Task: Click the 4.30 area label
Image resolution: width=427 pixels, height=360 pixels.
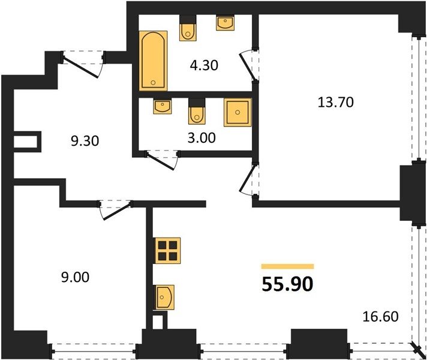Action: [204, 65]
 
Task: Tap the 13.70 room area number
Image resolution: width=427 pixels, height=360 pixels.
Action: [336, 102]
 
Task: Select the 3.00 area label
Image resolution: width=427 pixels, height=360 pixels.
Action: [202, 138]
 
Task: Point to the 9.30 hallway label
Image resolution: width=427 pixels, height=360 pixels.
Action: [85, 141]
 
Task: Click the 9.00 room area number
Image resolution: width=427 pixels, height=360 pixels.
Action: [75, 277]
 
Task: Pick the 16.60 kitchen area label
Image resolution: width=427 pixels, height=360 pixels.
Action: [380, 317]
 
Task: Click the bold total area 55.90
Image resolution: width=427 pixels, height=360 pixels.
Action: [287, 284]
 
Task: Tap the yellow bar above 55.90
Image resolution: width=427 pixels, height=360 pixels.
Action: [288, 266]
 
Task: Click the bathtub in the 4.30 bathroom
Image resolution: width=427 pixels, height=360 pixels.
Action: [153, 61]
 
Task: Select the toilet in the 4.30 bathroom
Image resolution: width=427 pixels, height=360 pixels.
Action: [188, 28]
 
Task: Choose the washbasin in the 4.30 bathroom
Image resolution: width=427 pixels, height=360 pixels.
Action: [225, 23]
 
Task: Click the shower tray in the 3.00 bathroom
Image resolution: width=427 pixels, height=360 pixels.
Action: [237, 112]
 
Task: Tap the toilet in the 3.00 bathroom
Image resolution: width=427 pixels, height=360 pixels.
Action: [197, 111]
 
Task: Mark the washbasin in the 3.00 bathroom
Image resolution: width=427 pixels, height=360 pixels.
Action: [163, 106]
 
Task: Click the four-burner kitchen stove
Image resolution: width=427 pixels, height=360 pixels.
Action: [167, 251]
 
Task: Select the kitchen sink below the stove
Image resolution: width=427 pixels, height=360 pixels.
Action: [164, 298]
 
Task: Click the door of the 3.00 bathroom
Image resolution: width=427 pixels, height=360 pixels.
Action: [161, 161]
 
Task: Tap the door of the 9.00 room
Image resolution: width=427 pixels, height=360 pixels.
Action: [116, 211]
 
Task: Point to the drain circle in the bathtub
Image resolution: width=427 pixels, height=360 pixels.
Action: [153, 82]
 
